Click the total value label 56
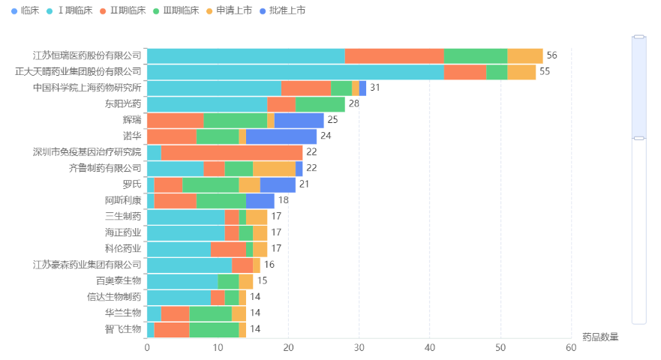tap(551, 55)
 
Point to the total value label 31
tap(375, 88)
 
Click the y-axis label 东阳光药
tap(123, 103)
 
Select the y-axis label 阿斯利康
tap(123, 200)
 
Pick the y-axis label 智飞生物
tap(123, 329)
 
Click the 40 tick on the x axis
tap(430, 347)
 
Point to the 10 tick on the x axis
tap(218, 347)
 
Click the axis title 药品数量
tap(600, 337)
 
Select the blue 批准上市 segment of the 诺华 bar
tap(281, 136)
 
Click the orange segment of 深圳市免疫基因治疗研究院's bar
tap(232, 152)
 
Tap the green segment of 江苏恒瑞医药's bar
tap(476, 55)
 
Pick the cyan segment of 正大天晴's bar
tap(295, 71)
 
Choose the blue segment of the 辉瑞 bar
tap(299, 120)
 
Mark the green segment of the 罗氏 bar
tap(211, 184)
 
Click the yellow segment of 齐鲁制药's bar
tap(274, 168)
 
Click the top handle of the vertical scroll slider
tap(639, 36)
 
